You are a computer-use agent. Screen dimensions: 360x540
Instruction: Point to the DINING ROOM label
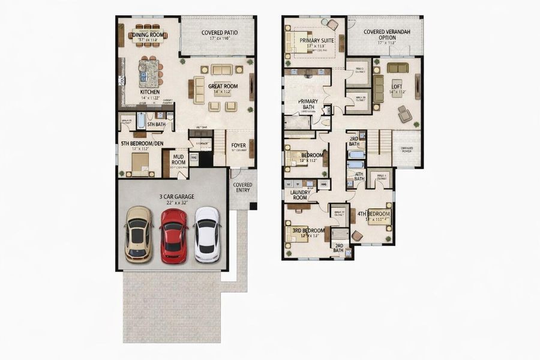pyautogui.click(x=148, y=35)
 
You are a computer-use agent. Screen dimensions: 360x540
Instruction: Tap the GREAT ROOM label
pyautogui.click(x=223, y=86)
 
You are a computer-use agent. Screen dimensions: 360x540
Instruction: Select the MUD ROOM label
pyautogui.click(x=179, y=159)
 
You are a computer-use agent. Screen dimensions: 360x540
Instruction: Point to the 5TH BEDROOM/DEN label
pyautogui.click(x=142, y=144)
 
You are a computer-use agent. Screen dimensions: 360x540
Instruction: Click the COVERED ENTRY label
pyautogui.click(x=242, y=188)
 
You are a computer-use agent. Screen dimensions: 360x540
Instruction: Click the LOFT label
pyautogui.click(x=397, y=86)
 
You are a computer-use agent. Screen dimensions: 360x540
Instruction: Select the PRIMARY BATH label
pyautogui.click(x=308, y=105)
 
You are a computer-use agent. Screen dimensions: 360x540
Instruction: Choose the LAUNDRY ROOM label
pyautogui.click(x=299, y=194)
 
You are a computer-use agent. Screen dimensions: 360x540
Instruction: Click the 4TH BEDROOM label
pyautogui.click(x=374, y=214)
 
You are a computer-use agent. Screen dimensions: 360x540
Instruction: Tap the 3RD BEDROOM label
pyautogui.click(x=308, y=230)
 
